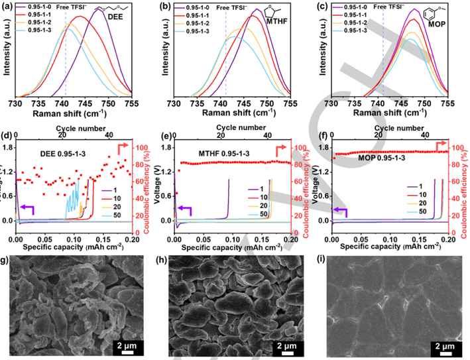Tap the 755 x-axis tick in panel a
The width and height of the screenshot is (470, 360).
coord(131,103)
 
